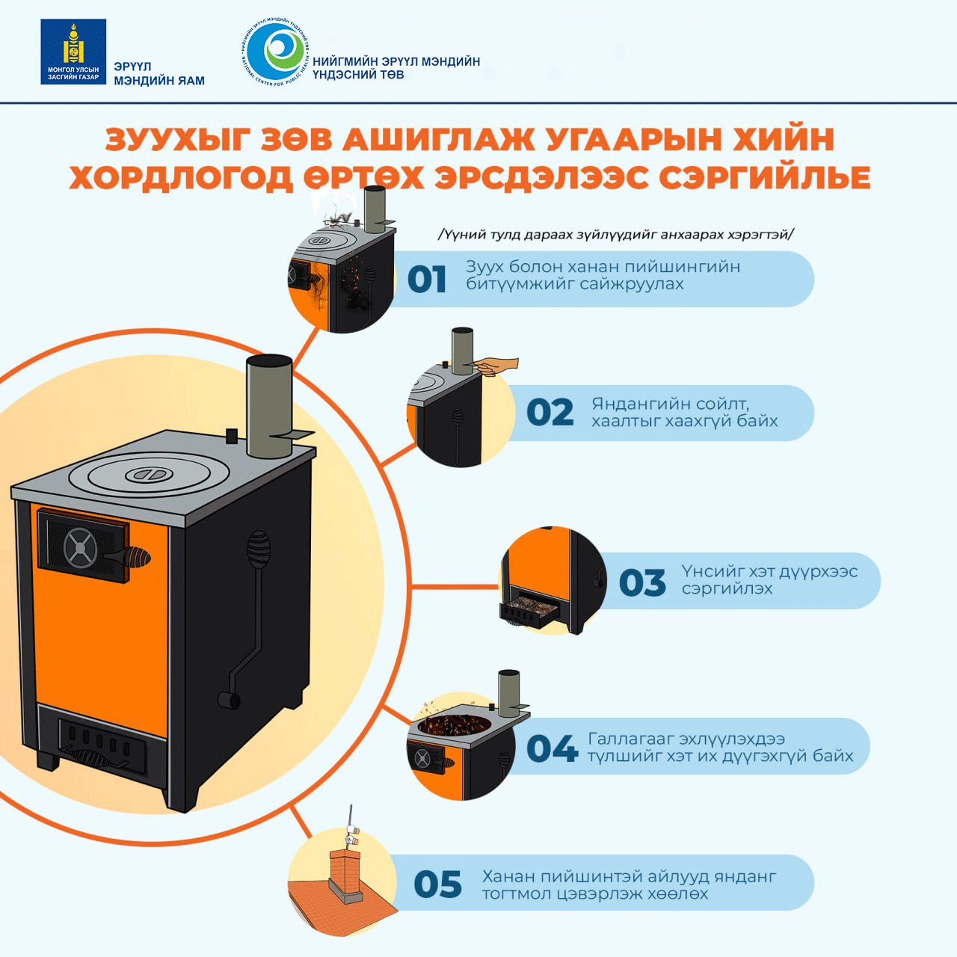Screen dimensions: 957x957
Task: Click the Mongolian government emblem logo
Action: [x=73, y=52]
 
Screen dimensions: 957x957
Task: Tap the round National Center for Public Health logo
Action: [x=276, y=52]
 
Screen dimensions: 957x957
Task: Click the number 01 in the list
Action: [x=426, y=280]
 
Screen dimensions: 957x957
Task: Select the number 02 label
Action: [x=550, y=412]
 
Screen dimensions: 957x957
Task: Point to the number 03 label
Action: [x=642, y=582]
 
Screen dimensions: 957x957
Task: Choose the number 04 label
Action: [x=552, y=748]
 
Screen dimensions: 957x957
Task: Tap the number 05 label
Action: [x=437, y=884]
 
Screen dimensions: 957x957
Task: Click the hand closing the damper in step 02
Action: [x=496, y=366]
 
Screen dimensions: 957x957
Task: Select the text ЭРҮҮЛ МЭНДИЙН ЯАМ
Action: [x=159, y=73]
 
